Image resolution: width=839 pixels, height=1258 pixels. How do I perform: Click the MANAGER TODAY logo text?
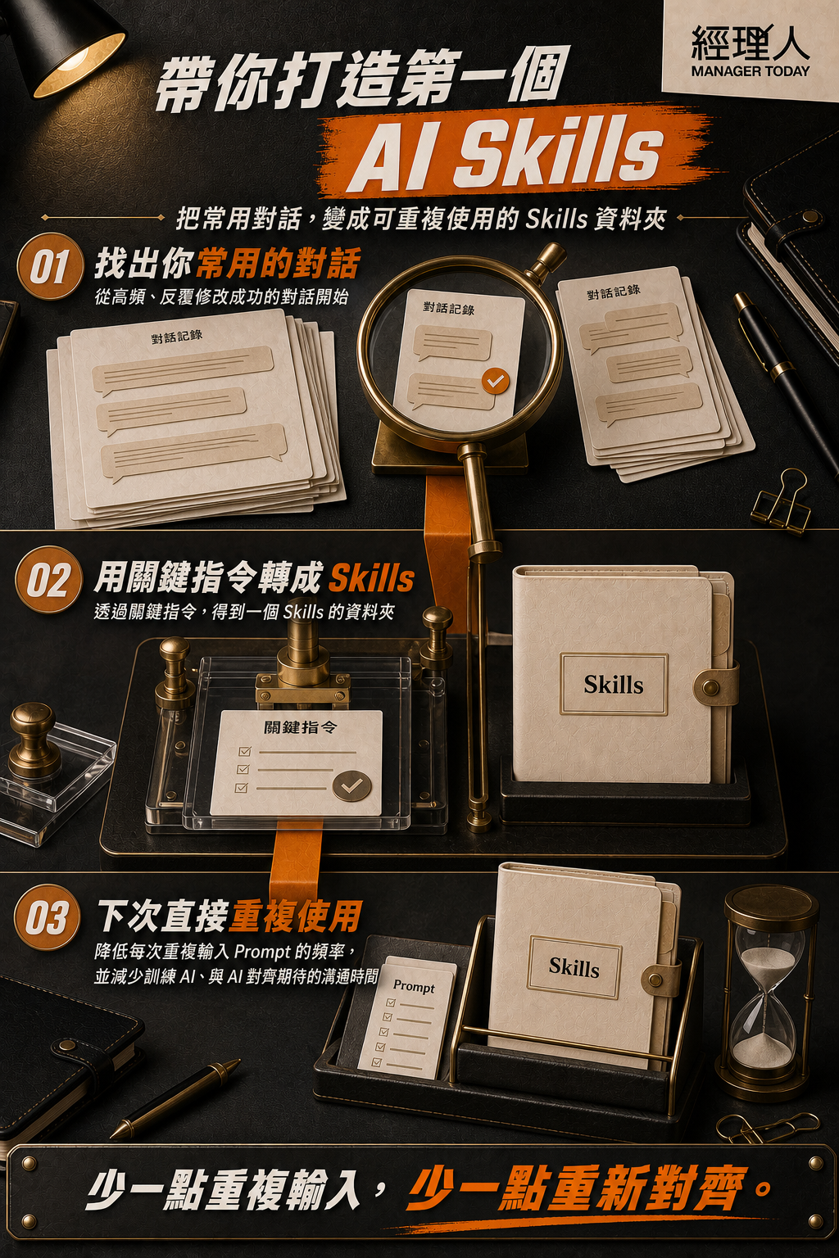(x=751, y=71)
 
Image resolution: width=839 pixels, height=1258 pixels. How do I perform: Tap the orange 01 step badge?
(x=49, y=266)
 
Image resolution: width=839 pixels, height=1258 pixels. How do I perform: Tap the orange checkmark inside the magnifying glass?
(x=495, y=382)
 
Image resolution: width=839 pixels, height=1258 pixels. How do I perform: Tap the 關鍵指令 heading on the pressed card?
(x=300, y=728)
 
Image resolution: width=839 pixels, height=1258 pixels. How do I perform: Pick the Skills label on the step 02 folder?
(x=613, y=685)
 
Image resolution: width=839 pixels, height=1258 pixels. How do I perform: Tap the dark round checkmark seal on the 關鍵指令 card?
(x=351, y=786)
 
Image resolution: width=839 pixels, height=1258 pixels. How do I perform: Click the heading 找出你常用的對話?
(x=227, y=263)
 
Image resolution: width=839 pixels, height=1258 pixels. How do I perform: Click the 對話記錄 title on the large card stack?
(x=176, y=337)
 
